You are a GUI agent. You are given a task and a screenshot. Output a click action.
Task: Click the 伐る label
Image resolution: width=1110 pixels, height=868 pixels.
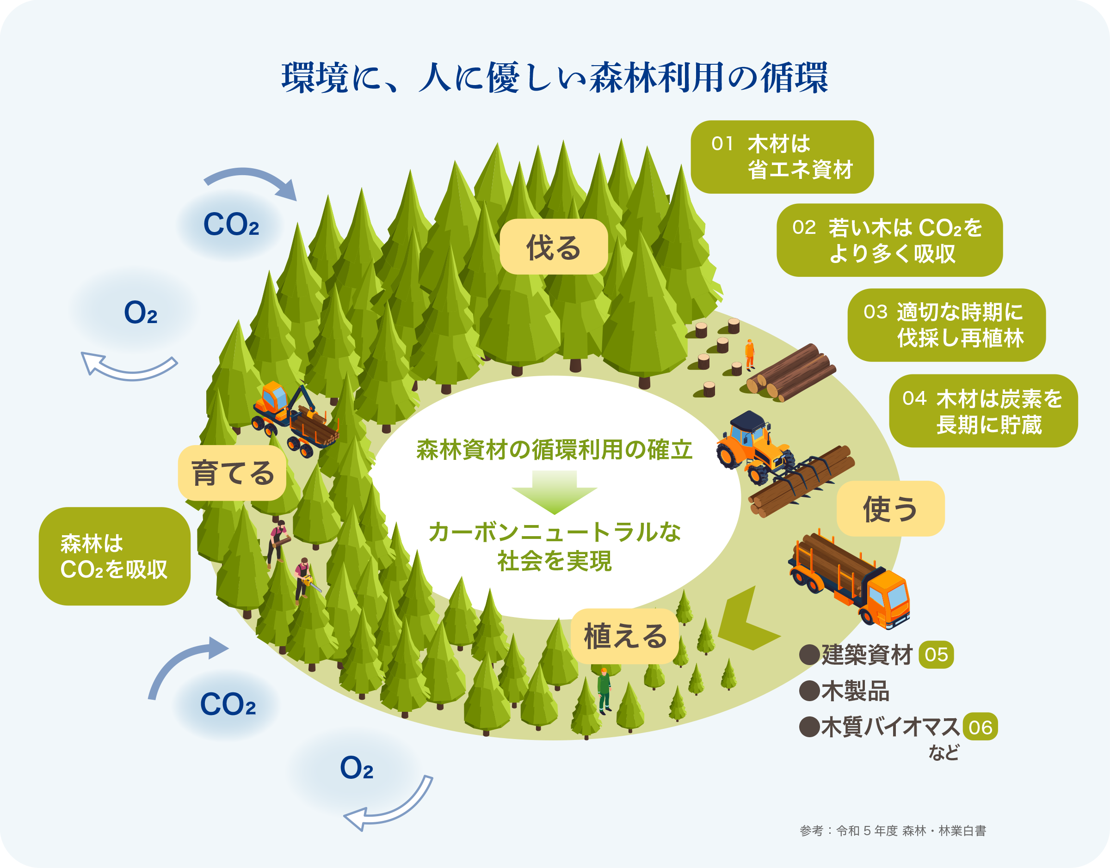click(x=553, y=247)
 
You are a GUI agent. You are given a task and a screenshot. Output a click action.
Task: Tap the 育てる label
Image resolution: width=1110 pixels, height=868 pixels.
click(x=232, y=473)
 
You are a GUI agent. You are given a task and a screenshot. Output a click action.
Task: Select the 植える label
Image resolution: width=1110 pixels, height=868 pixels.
click(x=624, y=636)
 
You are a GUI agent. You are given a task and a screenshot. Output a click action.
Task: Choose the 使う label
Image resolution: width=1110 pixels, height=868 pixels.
click(x=890, y=509)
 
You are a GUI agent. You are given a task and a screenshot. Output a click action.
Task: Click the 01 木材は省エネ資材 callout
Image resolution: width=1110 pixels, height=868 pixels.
click(x=782, y=157)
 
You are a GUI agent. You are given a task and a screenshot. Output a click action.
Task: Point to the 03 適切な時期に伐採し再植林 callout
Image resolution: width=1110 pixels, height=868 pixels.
click(x=946, y=325)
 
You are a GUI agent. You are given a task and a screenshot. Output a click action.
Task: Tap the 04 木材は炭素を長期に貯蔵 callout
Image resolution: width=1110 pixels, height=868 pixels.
click(x=983, y=411)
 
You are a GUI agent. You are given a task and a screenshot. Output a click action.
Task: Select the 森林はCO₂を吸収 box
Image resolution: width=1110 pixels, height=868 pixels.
click(x=114, y=556)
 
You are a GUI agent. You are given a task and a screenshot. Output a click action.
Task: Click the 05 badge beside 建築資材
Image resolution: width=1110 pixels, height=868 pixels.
click(x=936, y=654)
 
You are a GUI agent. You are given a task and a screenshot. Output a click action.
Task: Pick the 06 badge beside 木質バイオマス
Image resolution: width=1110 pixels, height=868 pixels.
click(x=980, y=727)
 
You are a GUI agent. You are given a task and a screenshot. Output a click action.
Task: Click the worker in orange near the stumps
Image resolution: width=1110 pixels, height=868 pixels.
click(x=750, y=354)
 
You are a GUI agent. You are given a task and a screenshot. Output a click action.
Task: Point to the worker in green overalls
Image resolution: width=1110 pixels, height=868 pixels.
click(x=604, y=690)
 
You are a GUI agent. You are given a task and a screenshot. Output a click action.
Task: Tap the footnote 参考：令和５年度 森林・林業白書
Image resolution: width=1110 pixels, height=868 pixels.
click(x=892, y=831)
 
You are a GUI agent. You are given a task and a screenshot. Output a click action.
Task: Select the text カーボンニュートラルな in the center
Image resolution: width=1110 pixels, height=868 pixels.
click(x=554, y=532)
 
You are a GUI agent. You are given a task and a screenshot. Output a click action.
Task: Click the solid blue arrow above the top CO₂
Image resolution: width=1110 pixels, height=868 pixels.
click(x=252, y=181)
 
